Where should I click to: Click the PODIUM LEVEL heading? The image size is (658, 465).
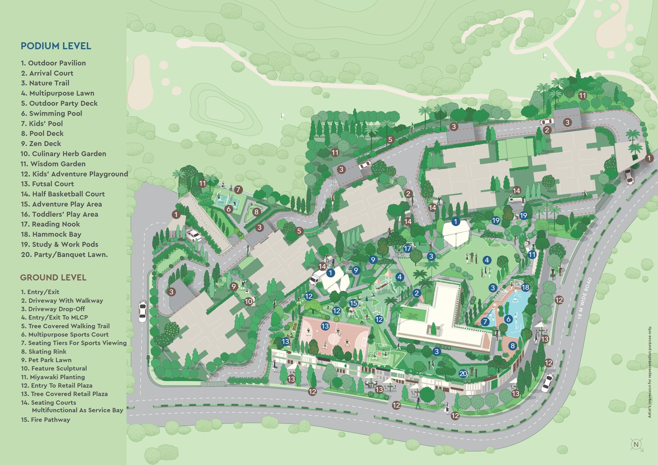coord(56,46)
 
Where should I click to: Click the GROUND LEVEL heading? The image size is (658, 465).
coord(53,278)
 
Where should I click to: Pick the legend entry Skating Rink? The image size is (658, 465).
coord(44,351)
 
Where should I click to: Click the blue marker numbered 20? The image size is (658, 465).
coord(463,373)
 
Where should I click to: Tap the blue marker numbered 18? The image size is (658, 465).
coord(525,287)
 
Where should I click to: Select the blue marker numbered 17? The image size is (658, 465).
coord(407,248)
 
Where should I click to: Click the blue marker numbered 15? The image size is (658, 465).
coord(353,303)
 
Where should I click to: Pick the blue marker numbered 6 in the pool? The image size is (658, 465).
coord(508,319)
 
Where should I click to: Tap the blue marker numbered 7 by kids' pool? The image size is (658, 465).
coord(485,322)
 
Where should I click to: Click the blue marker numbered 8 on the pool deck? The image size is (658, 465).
coord(513,346)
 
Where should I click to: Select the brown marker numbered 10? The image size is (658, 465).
coord(249,302)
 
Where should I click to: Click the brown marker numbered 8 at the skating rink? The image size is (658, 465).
coord(256,212)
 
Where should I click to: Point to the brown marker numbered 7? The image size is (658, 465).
coord(238,190)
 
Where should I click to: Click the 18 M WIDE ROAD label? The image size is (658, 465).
coord(585,298)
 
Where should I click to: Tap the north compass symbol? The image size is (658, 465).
coord(636,444)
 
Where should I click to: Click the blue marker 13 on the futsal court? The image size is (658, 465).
coord(325,326)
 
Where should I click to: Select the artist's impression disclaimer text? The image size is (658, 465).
coord(649,372)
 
